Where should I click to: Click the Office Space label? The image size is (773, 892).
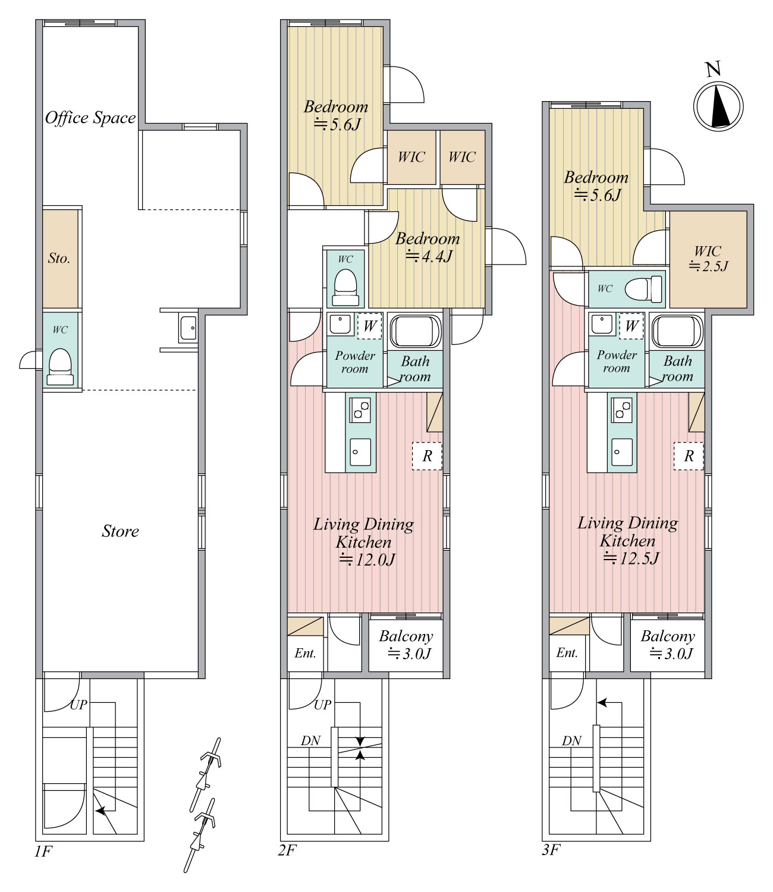[x=90, y=118]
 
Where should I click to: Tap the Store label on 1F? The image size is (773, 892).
[x=121, y=531]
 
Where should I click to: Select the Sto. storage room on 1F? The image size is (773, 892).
[x=61, y=259]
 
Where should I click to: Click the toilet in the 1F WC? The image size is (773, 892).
[x=60, y=367]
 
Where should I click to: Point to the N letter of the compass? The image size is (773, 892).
[x=713, y=69]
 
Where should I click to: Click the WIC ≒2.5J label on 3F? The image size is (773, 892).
[x=708, y=259]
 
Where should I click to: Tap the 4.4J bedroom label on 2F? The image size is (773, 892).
[x=428, y=248]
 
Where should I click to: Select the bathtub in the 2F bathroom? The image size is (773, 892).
[x=415, y=331]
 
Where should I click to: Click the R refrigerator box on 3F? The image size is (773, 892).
[x=689, y=456]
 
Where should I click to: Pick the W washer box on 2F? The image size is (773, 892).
[x=370, y=325]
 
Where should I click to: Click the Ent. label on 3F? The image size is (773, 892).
[x=567, y=652]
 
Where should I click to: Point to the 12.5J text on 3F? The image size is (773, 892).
[x=631, y=558]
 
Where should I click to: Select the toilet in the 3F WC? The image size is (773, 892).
[x=643, y=288]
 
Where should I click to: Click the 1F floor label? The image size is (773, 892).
[x=43, y=851]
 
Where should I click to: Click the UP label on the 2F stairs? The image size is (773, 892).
[x=322, y=705]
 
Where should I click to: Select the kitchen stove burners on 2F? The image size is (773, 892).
[x=360, y=410]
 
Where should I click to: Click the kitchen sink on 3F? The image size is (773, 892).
[x=622, y=452]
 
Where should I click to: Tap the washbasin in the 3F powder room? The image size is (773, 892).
[x=602, y=324]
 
